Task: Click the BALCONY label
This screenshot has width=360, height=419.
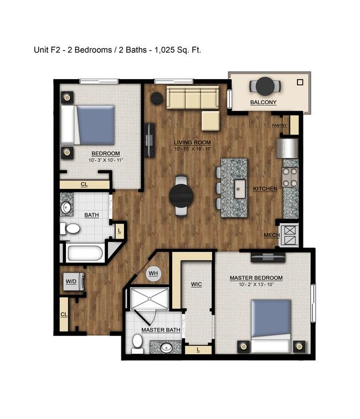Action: [263, 102]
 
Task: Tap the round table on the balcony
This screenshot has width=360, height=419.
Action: [265, 86]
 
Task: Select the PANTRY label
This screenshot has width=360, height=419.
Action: [279, 125]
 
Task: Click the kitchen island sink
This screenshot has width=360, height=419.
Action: [240, 189]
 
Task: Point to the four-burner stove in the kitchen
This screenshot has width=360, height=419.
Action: [290, 177]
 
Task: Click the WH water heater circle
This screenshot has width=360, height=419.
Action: [153, 273]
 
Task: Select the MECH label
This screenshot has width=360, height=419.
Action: [272, 235]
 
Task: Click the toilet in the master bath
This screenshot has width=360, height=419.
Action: [137, 344]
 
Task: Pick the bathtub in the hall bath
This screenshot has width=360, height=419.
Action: [85, 253]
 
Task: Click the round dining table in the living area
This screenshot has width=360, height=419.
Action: [181, 196]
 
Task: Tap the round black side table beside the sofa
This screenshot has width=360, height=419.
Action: [157, 99]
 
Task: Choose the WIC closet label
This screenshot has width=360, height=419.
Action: [196, 284]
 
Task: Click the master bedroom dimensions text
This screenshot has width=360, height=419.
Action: [256, 284]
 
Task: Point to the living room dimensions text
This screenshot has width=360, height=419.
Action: [193, 149]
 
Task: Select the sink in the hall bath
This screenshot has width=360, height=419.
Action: [66, 207]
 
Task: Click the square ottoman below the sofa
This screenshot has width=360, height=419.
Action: [210, 121]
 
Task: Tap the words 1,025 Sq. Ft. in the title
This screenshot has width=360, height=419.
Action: [178, 50]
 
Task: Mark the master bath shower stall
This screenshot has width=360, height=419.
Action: [150, 299]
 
